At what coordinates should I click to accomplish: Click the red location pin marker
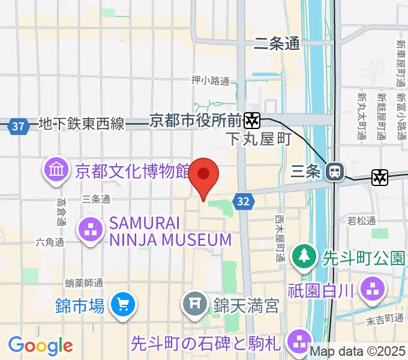pos(204,176)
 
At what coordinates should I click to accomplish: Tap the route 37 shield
pos(19,127)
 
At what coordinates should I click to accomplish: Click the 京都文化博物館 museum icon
pos(56,171)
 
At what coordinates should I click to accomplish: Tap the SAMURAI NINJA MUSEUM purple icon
pos(91,231)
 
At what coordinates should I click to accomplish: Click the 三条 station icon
pos(334,172)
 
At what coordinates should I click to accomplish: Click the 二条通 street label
pos(277,43)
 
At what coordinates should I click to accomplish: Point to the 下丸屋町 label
pos(259,140)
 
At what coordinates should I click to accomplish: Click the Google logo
pos(40,346)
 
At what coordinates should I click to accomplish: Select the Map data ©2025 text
pos(356,351)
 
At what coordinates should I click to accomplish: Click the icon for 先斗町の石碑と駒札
pos(298,342)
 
